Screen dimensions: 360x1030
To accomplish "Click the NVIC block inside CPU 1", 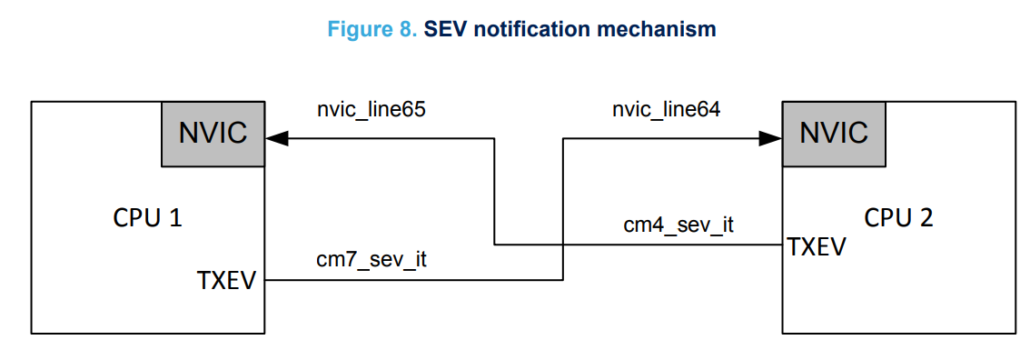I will [213, 134].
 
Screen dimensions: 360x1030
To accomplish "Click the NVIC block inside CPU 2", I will [834, 134].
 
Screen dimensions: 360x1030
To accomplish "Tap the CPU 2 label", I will [898, 218].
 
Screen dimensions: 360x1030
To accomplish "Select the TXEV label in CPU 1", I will [227, 281].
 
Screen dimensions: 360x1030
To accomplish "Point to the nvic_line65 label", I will [371, 109].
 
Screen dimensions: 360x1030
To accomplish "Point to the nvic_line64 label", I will [667, 109].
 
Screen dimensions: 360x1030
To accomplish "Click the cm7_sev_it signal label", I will [371, 259].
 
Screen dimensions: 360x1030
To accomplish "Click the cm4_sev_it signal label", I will [678, 225].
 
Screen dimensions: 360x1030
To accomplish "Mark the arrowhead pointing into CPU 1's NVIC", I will [276, 139].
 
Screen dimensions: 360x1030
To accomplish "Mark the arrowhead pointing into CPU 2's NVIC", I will [771, 139].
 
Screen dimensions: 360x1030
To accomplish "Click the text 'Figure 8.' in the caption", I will [372, 29].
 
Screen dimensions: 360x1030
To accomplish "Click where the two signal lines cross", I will [563, 245].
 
